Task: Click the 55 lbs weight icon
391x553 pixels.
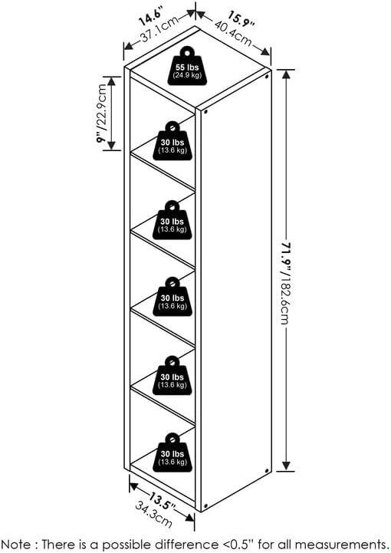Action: point(188,67)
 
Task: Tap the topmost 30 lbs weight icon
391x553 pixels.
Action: point(172,141)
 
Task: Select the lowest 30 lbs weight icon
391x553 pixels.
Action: point(172,453)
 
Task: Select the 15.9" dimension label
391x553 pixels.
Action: point(241,19)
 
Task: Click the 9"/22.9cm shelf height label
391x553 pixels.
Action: point(102,113)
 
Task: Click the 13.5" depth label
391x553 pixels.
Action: point(161,501)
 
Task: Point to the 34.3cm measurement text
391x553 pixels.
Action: point(154,515)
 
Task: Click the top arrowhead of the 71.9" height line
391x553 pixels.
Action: point(286,74)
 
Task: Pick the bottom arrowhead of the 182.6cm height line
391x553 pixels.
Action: point(286,466)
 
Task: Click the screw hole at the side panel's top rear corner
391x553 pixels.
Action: point(267,76)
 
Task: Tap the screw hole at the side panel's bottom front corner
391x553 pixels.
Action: point(205,506)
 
